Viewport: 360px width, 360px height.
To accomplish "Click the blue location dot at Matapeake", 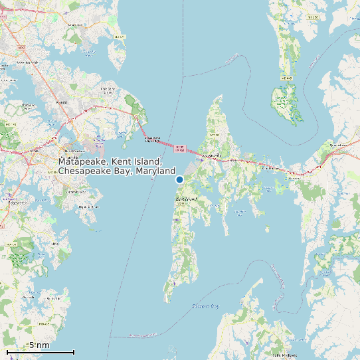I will (179, 179).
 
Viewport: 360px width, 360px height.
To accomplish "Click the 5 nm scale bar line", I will (40, 351).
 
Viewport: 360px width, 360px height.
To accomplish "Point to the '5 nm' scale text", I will (39, 345).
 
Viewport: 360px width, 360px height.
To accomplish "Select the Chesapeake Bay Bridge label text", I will (153, 140).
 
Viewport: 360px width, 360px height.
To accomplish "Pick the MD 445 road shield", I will (286, 78).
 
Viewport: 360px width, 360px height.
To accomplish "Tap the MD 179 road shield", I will (119, 37).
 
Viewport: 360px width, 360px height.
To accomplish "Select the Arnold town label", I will (61, 102).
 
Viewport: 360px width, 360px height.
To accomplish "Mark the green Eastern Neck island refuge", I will (286, 103).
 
